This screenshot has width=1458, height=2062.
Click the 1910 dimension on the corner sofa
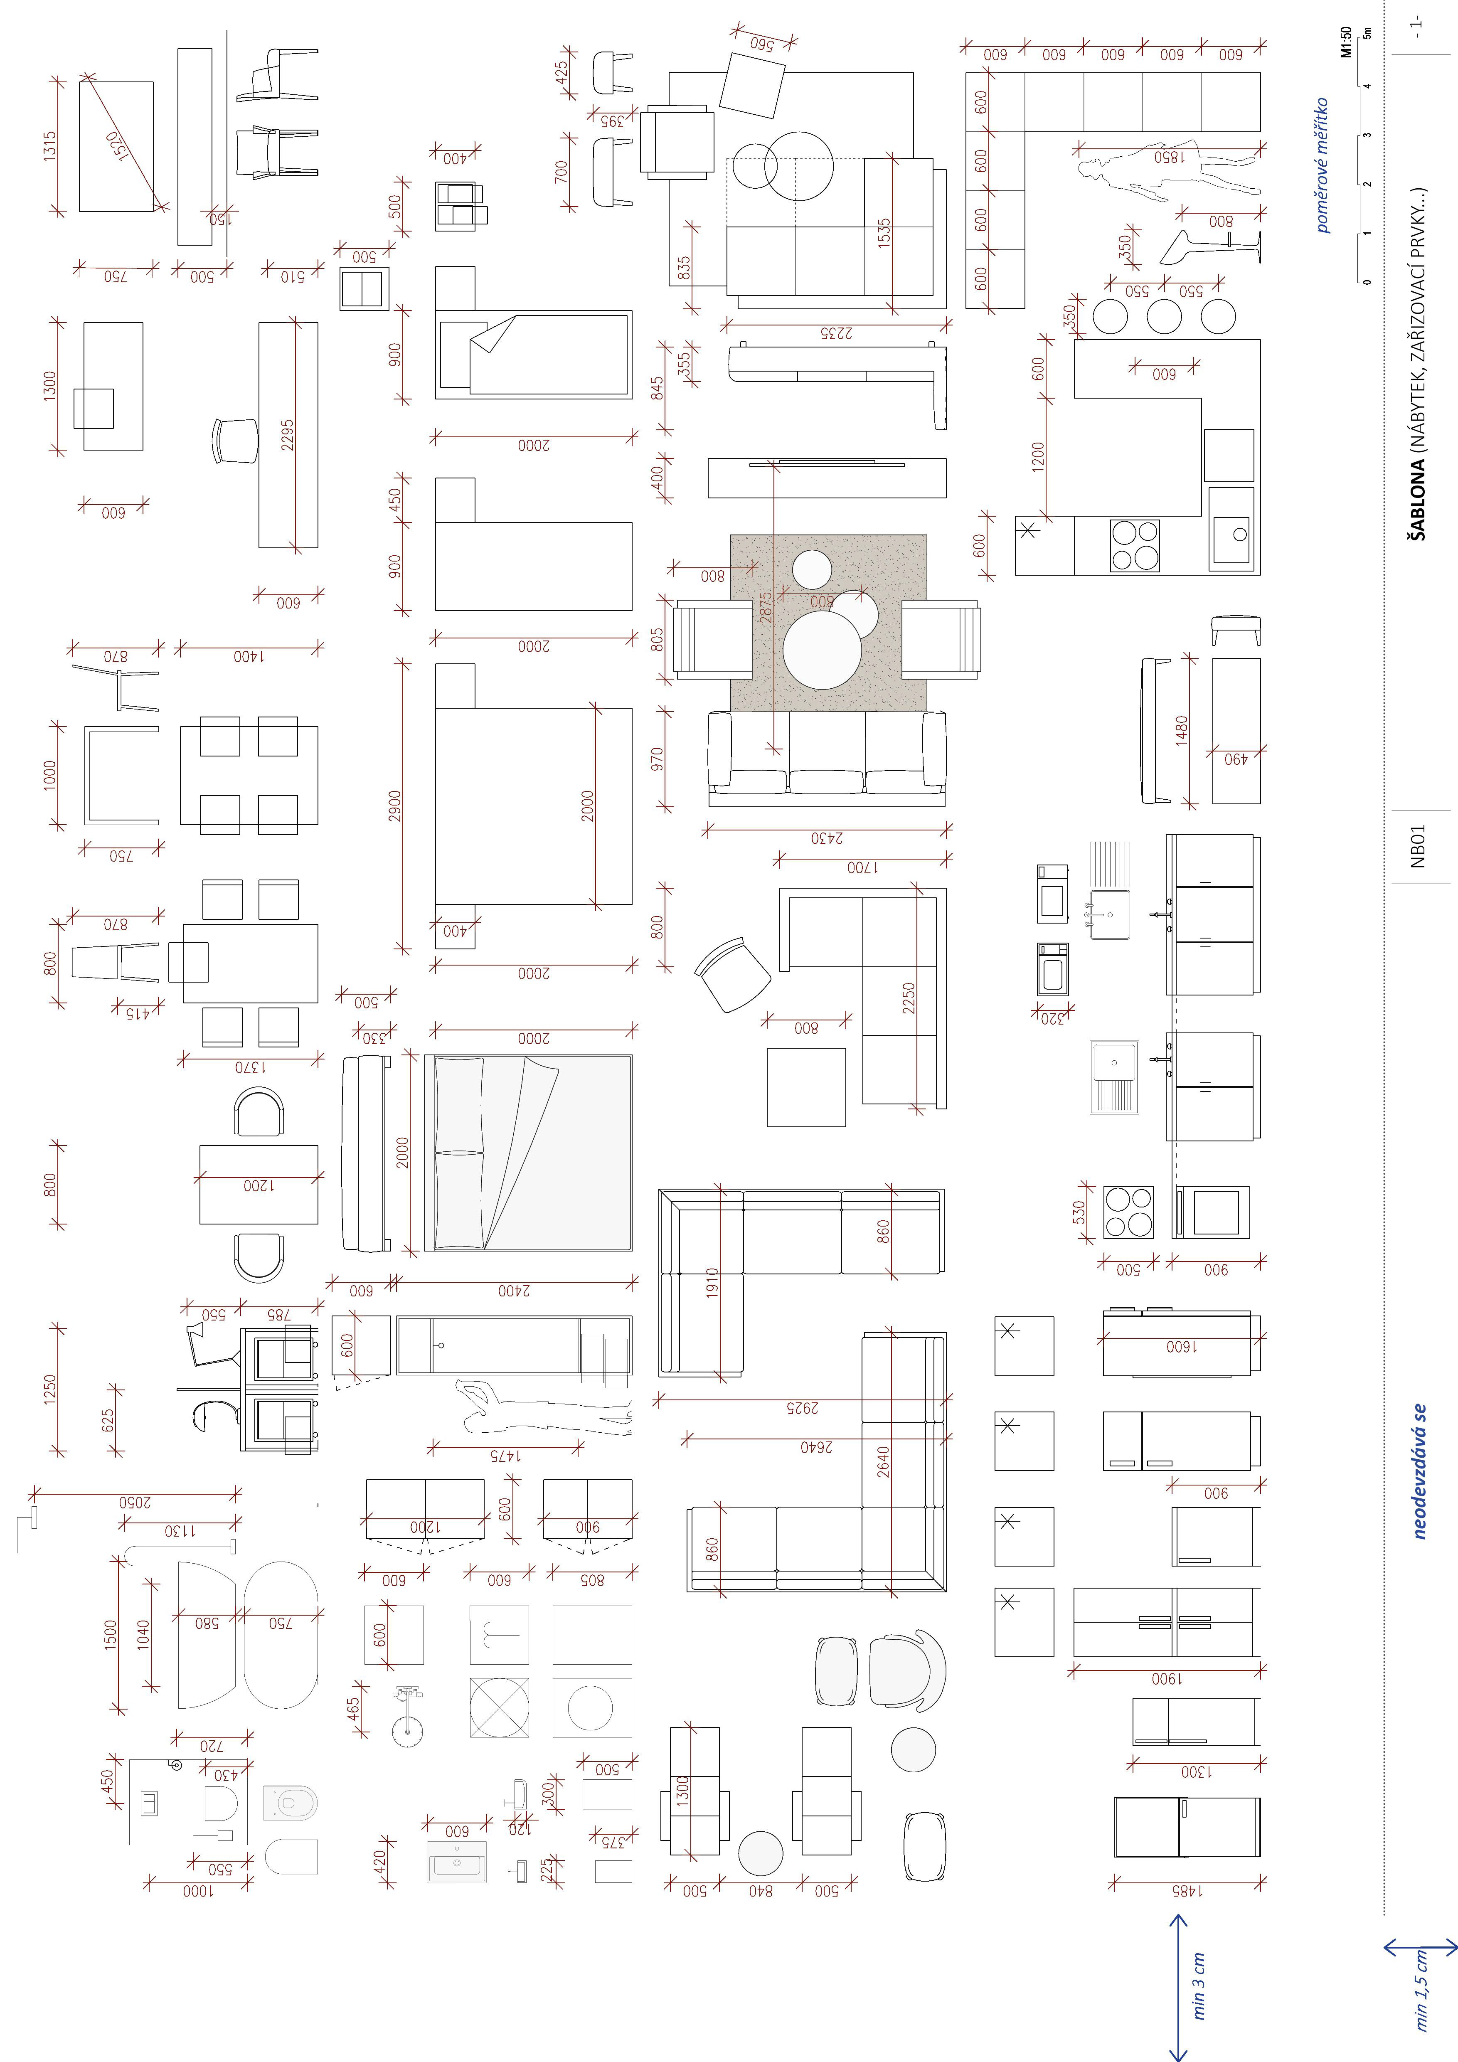pyautogui.click(x=711, y=1284)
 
